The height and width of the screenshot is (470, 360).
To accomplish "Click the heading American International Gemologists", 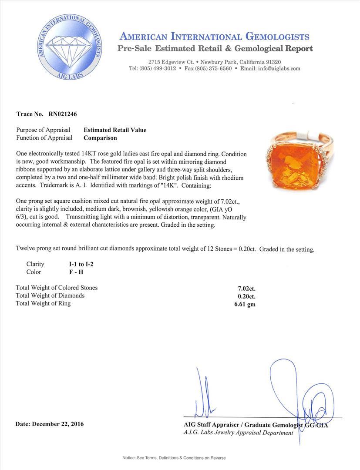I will click(x=214, y=37).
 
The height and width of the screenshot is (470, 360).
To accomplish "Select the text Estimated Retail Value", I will click(x=115, y=130).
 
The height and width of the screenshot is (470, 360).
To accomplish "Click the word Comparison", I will click(x=100, y=138).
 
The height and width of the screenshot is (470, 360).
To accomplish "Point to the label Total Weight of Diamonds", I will click(x=50, y=295).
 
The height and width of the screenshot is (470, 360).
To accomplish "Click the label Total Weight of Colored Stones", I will click(x=57, y=288).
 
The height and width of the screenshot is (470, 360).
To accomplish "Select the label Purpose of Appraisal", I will click(x=43, y=130).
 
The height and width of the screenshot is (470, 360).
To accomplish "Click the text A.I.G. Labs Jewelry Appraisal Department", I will click(x=238, y=433).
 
